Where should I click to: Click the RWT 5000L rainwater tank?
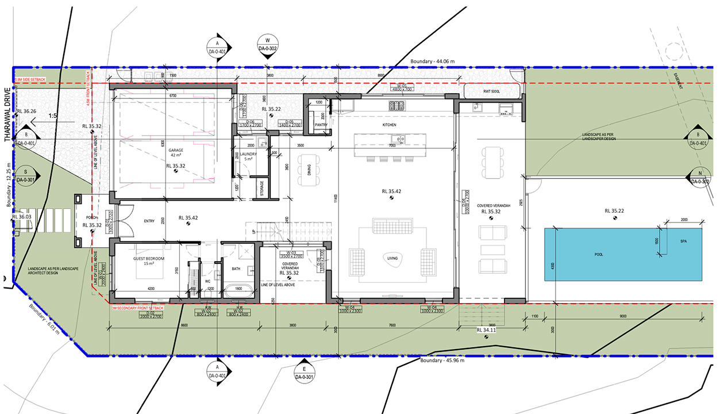(493, 90)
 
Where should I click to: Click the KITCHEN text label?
(390, 125)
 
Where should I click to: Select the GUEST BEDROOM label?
(149, 259)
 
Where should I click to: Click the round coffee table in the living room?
(392, 258)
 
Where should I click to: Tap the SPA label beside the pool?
(683, 241)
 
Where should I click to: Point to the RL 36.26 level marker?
(26, 112)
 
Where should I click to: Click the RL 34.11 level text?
(486, 330)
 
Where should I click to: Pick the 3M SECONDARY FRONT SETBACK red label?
(137, 308)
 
